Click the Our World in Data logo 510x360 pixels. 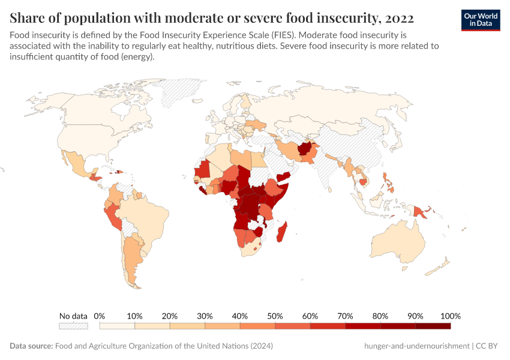[x=481, y=20]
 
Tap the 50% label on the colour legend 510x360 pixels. [x=275, y=316]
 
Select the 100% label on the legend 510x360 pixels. [x=450, y=316]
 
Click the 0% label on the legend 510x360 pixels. [x=100, y=316]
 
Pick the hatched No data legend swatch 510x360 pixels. [x=73, y=326]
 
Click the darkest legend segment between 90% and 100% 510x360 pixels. [x=433, y=326]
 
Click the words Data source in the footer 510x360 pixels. [x=31, y=346]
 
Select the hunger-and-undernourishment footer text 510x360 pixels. [x=416, y=346]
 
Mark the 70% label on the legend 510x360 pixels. [x=345, y=316]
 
